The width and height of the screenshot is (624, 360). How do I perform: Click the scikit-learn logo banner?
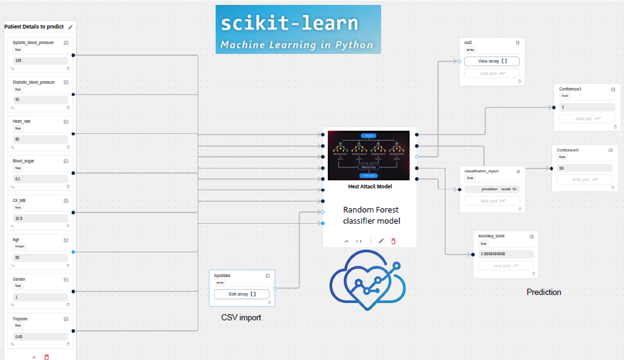[x=298, y=30]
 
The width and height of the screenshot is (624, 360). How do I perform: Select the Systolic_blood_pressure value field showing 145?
[x=40, y=61]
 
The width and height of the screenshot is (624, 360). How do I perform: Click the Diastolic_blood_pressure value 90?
[x=40, y=100]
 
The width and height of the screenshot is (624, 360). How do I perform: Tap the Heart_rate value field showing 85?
[x=40, y=139]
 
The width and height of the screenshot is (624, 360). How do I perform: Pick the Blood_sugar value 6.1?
[x=40, y=178]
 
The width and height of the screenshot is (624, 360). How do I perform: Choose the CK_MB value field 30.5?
[x=40, y=218]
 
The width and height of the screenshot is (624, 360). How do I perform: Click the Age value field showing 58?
[x=40, y=257]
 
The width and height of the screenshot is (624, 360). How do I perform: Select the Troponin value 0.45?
[x=40, y=336]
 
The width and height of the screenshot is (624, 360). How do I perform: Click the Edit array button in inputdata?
[x=242, y=294]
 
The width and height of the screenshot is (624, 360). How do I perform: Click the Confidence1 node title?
[x=570, y=89]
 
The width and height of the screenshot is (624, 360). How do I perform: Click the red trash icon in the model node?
[x=393, y=241]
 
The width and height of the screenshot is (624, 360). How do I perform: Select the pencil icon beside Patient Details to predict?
[x=71, y=27]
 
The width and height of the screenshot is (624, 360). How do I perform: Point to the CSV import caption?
[x=241, y=318]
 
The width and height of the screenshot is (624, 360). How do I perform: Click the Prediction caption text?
[x=543, y=292]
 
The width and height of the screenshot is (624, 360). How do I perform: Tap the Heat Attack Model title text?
[x=369, y=186]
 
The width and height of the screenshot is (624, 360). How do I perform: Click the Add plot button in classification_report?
[x=493, y=201]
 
